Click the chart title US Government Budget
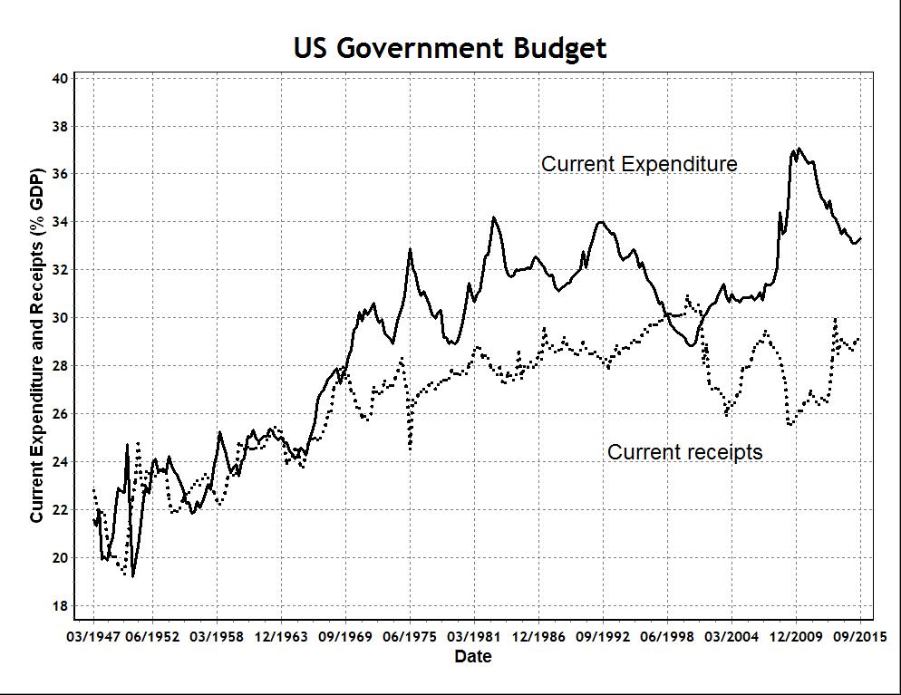coord(450,48)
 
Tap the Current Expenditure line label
coord(639,164)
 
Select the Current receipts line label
coord(684,451)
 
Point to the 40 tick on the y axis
coord(61,78)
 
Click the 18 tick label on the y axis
coord(61,605)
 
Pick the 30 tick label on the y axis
coord(61,318)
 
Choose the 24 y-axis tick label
coord(61,462)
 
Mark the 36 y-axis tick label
coord(61,174)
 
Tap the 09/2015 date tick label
coord(860,636)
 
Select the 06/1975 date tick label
coord(410,636)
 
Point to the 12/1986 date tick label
coord(538,636)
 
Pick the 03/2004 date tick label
coord(731,636)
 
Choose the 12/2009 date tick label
coord(796,636)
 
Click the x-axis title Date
coord(473,656)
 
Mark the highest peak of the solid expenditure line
coord(798,149)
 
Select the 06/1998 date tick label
coord(667,636)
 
